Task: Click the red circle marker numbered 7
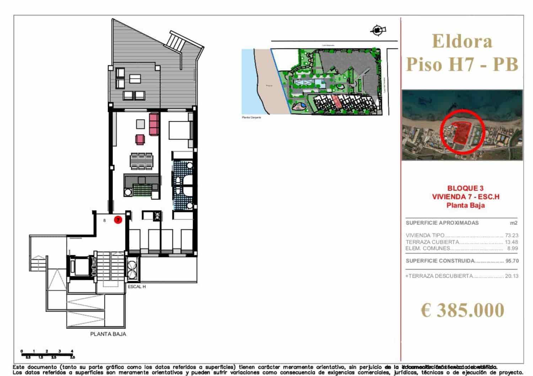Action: [118, 220]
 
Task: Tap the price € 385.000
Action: [462, 310]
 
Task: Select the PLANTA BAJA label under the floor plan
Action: [108, 334]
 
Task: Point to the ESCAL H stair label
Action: [137, 287]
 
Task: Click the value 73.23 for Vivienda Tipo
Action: [511, 236]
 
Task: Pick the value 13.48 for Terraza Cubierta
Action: [511, 242]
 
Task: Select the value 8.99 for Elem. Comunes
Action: [512, 248]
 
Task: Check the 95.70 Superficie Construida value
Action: [512, 261]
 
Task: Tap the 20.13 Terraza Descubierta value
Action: [511, 276]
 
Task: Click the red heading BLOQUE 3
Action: [465, 188]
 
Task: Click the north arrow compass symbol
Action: [377, 31]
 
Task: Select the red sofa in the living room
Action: [154, 124]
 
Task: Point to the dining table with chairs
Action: [141, 162]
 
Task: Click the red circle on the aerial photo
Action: [462, 131]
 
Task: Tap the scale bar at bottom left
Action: [47, 354]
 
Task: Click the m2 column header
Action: [513, 223]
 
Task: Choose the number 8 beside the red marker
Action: [104, 220]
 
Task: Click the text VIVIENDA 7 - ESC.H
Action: [465, 197]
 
